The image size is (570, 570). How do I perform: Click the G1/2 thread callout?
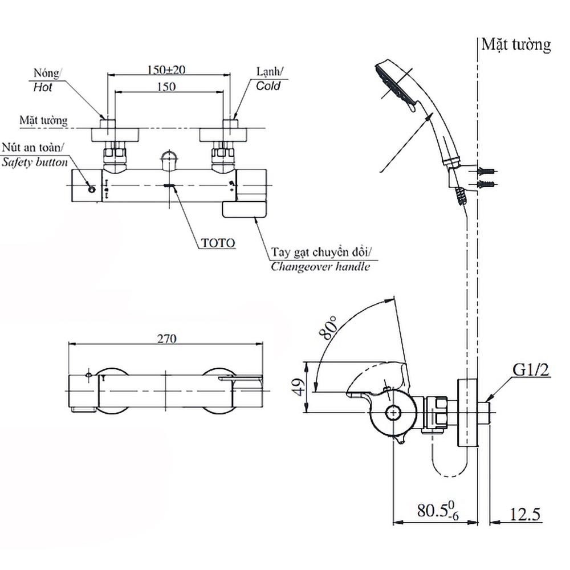point(530,370)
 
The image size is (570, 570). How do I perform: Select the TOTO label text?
point(217,242)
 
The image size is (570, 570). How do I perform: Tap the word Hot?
point(43,87)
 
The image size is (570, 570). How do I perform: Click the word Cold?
point(268,87)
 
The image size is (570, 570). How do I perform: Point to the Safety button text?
point(34,162)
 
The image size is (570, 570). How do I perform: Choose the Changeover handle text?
point(320,266)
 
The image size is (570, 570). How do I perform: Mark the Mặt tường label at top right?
point(516,45)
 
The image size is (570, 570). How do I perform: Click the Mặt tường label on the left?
point(43,120)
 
